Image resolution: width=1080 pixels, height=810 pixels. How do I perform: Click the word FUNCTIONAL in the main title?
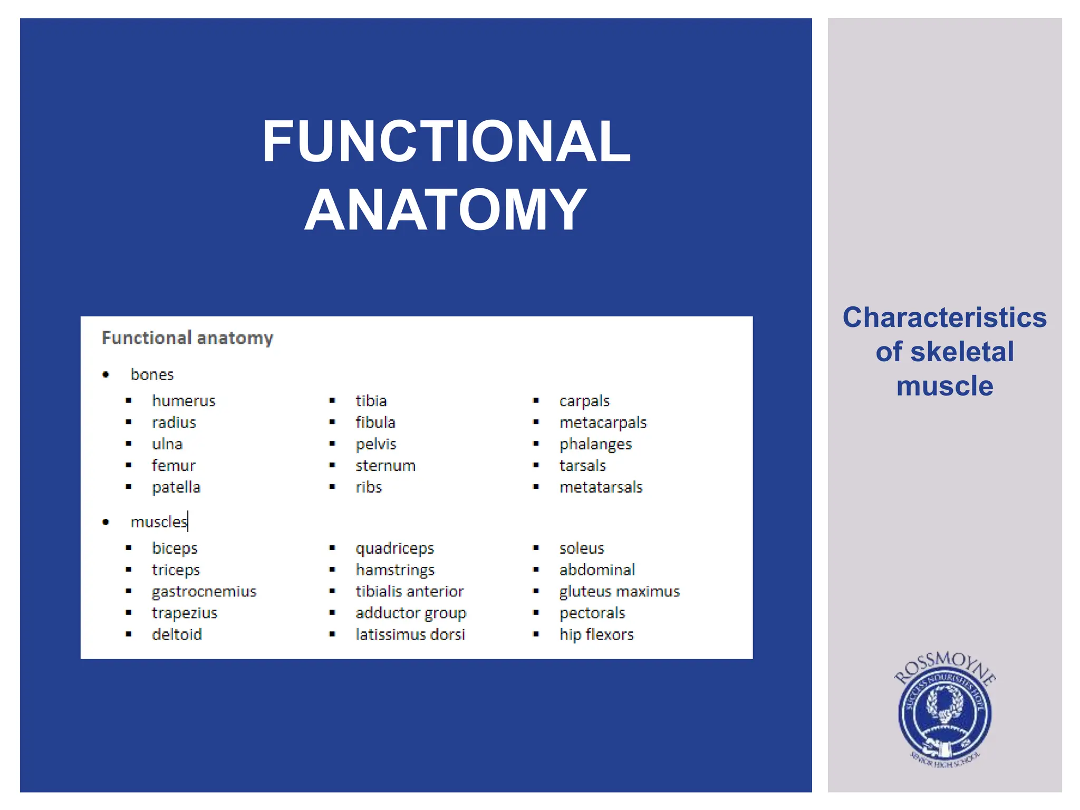[446, 141]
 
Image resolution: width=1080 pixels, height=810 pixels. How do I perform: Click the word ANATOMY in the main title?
[446, 210]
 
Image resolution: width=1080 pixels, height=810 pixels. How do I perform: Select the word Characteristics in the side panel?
[944, 317]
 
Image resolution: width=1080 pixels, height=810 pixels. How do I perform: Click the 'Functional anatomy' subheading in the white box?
[187, 337]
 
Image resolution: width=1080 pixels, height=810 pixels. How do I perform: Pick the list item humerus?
[184, 401]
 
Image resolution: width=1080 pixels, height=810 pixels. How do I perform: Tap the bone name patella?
[176, 487]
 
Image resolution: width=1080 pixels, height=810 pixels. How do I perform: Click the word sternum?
[385, 466]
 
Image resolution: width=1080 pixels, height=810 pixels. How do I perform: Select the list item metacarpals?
[603, 422]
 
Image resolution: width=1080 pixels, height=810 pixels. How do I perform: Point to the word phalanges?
[595, 445]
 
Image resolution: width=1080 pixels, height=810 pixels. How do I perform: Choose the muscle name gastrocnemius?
[204, 592]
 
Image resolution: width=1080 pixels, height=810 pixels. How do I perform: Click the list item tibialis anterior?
[410, 592]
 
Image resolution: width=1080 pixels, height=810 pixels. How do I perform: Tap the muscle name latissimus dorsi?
[410, 634]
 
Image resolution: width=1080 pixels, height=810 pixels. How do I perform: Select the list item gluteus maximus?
[620, 592]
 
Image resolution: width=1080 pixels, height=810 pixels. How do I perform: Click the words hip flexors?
[596, 634]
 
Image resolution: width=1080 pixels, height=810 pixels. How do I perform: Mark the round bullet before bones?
[106, 375]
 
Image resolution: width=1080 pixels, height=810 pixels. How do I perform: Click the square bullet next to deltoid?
[129, 634]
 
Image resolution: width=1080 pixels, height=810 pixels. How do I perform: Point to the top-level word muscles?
[159, 522]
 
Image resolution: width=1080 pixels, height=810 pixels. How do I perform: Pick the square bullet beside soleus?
[536, 548]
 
